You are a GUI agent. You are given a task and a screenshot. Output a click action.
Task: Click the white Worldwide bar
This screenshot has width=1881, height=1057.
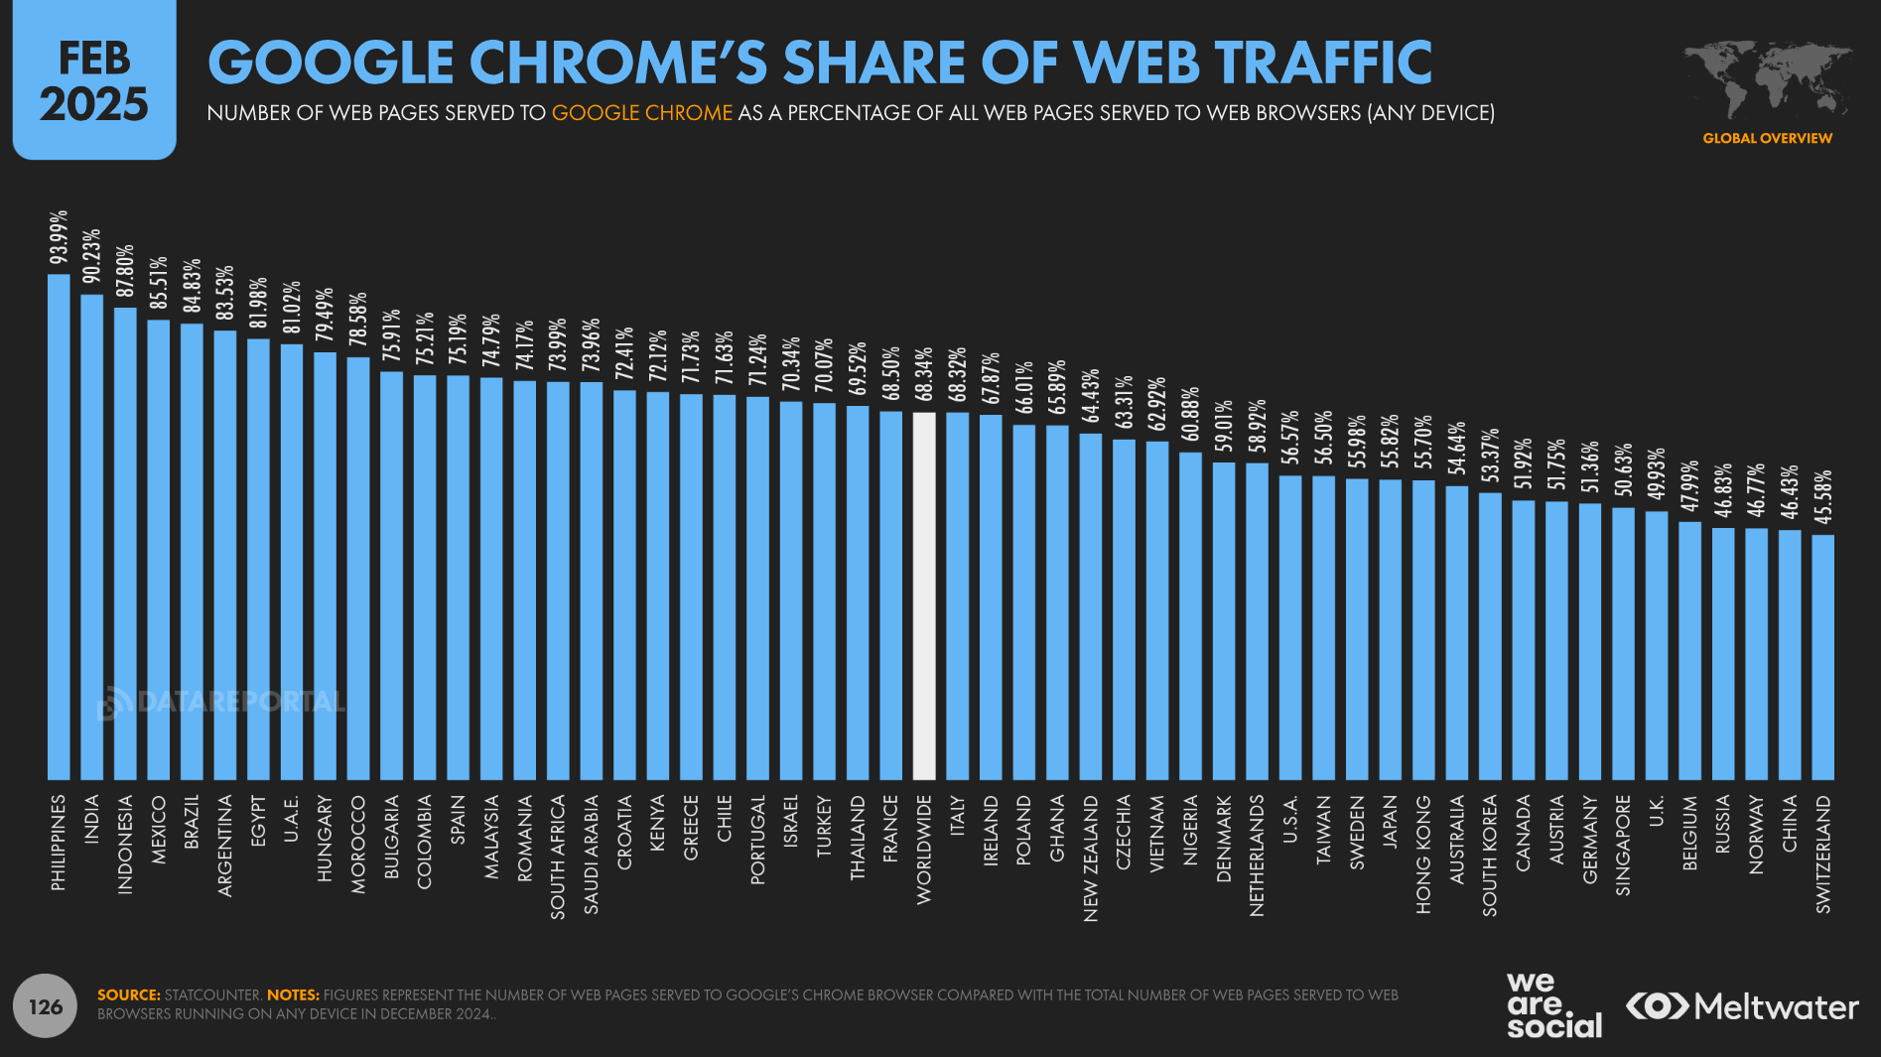[x=923, y=595]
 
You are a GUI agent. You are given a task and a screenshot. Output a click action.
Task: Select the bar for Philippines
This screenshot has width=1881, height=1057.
[x=59, y=526]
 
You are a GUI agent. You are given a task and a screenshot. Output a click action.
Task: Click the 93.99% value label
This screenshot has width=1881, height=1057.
[x=59, y=237]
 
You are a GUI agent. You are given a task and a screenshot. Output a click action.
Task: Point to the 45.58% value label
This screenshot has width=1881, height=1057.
[x=1822, y=497]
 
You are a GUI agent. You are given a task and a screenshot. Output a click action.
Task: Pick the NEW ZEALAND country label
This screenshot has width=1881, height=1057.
[x=1091, y=858]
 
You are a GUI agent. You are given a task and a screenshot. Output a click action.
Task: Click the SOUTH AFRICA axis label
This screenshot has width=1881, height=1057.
[x=558, y=856]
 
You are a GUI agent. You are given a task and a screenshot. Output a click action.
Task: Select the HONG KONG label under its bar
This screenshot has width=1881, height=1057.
[x=1423, y=854]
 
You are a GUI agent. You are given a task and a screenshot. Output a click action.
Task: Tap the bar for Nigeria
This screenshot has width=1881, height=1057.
[x=1190, y=615]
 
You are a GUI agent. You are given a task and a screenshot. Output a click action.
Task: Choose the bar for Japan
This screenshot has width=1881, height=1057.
[x=1390, y=629]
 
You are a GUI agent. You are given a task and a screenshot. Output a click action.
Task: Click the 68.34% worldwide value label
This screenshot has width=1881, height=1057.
[x=923, y=374]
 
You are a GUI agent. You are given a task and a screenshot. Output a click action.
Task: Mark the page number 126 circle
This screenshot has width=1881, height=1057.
[x=46, y=1007]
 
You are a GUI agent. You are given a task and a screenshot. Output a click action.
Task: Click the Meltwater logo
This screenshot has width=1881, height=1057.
[x=1742, y=1006]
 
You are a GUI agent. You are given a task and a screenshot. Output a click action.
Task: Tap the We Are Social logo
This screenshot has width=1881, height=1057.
[x=1553, y=1004]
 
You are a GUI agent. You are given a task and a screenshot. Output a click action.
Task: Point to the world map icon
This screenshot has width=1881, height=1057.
[x=1767, y=79]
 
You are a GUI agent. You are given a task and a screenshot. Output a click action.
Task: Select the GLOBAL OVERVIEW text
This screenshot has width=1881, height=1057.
[x=1767, y=138]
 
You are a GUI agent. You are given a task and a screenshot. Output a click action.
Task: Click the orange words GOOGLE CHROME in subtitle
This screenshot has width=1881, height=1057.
[x=641, y=113]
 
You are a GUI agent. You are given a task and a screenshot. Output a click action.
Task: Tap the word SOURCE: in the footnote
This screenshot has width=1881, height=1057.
[x=129, y=994]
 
